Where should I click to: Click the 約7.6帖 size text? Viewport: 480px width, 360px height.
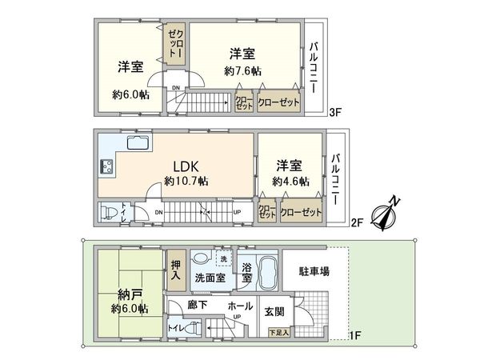[242, 71]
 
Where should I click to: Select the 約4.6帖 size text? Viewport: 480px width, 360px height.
[290, 182]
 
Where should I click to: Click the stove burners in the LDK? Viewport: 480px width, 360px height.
[105, 166]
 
